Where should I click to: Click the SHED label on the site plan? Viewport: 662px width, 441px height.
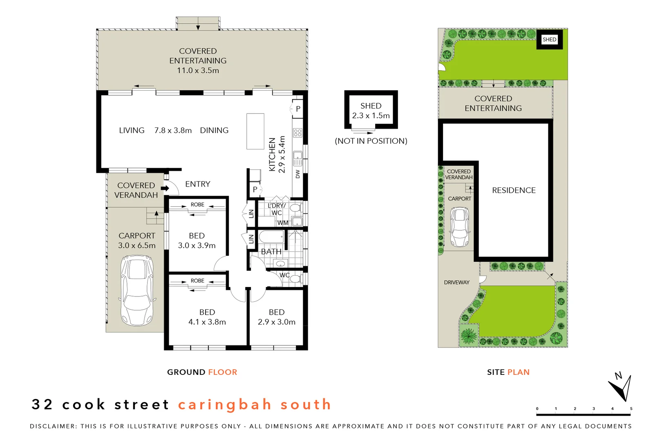(x=549, y=40)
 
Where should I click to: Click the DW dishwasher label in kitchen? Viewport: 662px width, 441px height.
(x=297, y=174)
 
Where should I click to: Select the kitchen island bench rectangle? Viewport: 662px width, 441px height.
(x=255, y=131)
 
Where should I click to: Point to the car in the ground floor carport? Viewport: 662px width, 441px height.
(x=137, y=290)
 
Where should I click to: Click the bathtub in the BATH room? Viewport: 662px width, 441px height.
(x=271, y=237)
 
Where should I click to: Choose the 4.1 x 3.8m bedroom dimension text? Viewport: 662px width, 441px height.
(x=207, y=322)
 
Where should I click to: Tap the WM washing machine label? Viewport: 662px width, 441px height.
(x=283, y=223)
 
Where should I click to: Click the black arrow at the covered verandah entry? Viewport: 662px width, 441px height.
(x=165, y=188)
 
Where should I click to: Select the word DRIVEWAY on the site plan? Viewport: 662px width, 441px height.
(x=456, y=282)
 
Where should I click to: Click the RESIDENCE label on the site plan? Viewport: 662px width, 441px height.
(x=514, y=190)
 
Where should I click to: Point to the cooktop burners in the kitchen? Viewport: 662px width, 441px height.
(x=297, y=133)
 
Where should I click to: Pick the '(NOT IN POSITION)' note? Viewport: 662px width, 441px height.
(x=371, y=141)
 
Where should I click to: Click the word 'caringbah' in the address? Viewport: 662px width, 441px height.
(x=225, y=404)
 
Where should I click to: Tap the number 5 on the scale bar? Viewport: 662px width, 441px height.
(x=631, y=408)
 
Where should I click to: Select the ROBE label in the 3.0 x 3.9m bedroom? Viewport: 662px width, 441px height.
(x=197, y=205)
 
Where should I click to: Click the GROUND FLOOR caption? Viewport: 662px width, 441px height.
(x=202, y=372)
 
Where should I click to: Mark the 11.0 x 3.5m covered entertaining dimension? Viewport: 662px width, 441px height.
(x=198, y=70)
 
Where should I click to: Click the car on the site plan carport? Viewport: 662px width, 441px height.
(x=460, y=227)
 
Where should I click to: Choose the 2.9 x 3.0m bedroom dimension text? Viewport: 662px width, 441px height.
(x=277, y=322)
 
